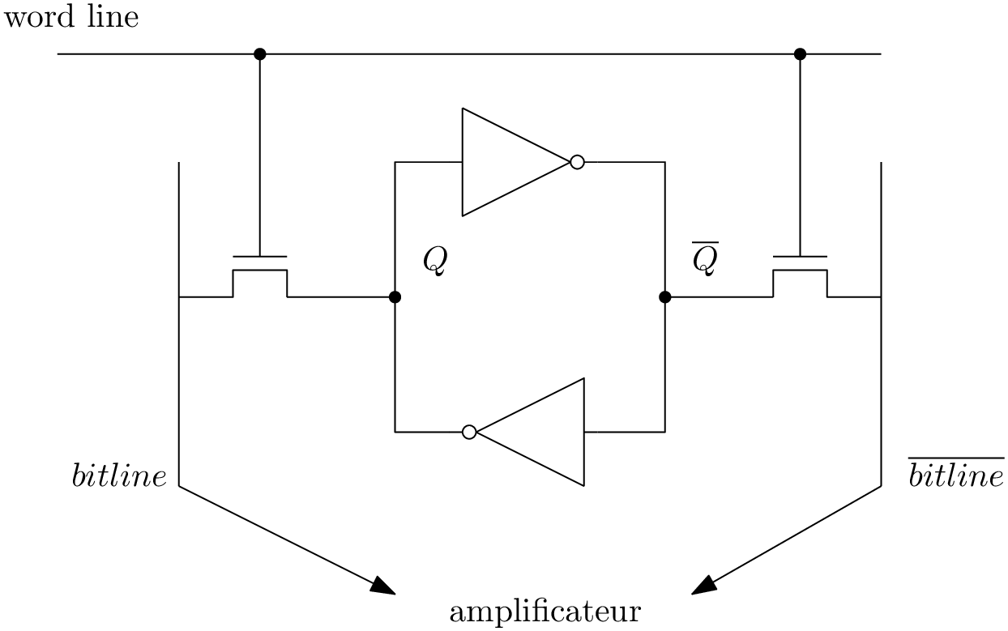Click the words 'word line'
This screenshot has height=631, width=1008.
click(71, 16)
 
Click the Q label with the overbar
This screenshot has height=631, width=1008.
click(704, 259)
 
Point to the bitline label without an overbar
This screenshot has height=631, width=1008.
click(119, 477)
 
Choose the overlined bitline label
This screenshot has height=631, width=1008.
click(955, 476)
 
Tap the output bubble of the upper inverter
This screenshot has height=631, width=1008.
click(577, 162)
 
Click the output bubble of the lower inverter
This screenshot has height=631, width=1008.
click(469, 432)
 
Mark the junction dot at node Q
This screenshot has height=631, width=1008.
click(395, 297)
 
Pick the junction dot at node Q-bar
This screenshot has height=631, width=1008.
click(665, 297)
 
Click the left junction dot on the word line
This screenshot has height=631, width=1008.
click(260, 54)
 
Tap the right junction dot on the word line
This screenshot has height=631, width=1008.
click(800, 54)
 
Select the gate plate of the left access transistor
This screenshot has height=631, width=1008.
click(260, 256)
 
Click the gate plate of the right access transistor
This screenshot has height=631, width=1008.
click(800, 256)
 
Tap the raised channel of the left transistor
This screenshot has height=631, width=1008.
click(260, 271)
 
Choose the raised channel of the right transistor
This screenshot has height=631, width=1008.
click(800, 271)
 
